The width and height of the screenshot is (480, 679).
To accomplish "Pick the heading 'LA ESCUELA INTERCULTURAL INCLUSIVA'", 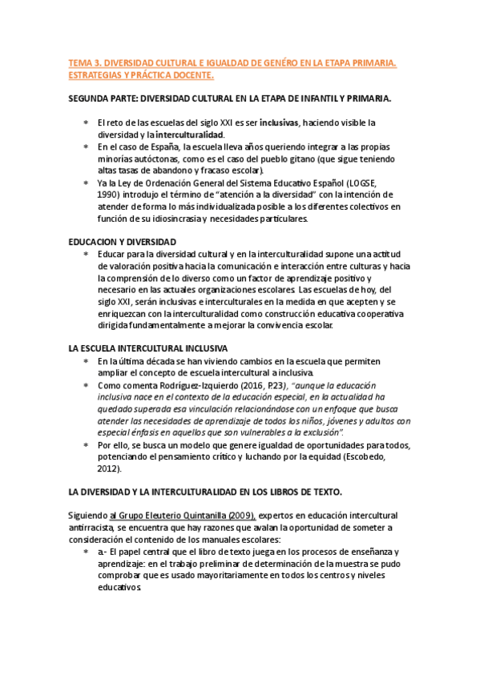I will click(148, 349).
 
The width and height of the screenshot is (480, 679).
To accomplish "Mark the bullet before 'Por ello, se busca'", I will click(86, 445).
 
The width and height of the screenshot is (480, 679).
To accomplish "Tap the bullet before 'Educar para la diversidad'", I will click(86, 254).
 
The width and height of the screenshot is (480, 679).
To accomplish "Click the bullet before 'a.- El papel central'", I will click(86, 552).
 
